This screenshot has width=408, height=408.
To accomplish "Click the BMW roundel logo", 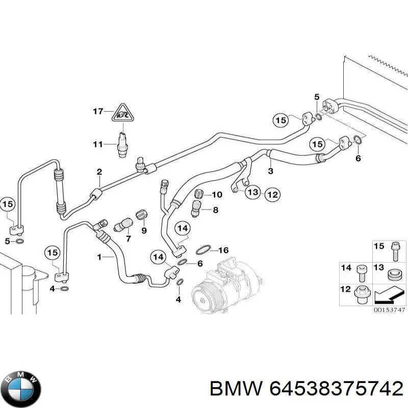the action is pos(23,389).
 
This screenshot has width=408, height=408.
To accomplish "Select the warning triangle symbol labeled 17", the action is pos(123,113).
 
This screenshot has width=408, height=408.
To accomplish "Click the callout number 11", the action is pos(98,144).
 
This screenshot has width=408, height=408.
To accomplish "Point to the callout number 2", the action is pos(99,172).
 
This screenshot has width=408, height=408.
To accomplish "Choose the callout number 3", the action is pos(271,171).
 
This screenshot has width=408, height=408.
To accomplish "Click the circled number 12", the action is pos(272,194).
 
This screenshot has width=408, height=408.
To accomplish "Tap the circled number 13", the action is pos(253,192).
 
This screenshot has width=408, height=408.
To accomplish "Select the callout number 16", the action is pos(223,250).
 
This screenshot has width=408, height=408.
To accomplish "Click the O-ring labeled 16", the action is pos(203,250).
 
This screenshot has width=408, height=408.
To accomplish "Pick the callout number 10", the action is pos(217,195).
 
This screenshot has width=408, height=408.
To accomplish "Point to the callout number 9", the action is pos(144,231).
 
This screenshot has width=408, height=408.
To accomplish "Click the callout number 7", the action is pos(128,239).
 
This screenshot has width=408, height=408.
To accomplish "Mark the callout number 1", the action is pos(99,258).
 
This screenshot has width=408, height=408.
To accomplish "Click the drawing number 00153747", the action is pos(390,310).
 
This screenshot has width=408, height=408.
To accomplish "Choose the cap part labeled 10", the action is pos(199,194).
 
